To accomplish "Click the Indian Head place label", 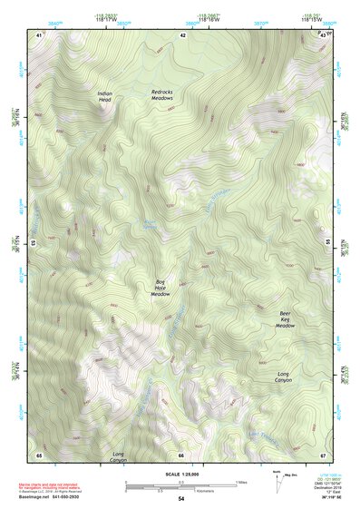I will point(106,96).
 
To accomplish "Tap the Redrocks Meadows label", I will point(167,94).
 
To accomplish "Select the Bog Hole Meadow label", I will point(161,288).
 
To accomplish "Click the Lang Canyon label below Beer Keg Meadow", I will point(283,377).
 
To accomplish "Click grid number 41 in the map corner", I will point(39,34).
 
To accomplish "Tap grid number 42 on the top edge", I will point(182,34).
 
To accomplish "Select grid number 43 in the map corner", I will point(324,34).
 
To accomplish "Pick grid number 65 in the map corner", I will point(39,454).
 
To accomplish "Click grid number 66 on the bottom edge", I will point(180,454).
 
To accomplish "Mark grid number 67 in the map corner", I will point(323,454).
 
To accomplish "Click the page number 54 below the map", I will point(180,498).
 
